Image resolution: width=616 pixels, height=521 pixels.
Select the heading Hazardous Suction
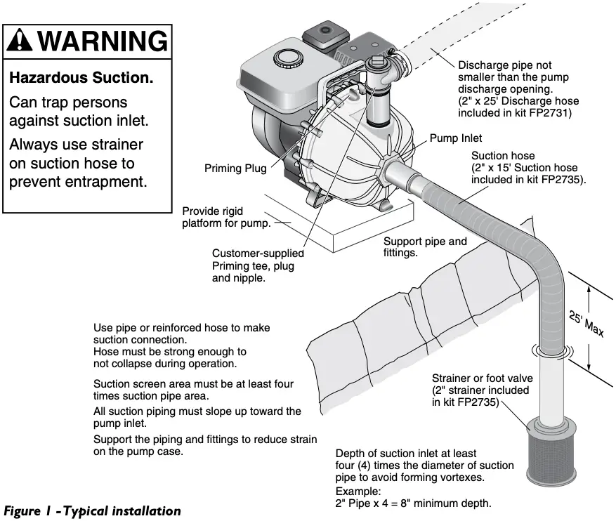click(x=81, y=78)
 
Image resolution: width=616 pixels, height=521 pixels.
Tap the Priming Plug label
click(x=235, y=169)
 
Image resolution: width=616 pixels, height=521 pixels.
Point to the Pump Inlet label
click(x=456, y=138)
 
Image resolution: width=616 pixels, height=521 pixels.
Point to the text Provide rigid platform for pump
click(x=226, y=217)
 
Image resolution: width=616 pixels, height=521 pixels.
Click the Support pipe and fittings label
click(x=425, y=247)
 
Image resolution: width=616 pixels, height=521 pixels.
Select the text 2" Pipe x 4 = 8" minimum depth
click(x=413, y=503)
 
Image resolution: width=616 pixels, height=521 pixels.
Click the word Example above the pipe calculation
click(x=359, y=491)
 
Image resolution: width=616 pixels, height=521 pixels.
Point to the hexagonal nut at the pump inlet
click(x=389, y=169)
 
